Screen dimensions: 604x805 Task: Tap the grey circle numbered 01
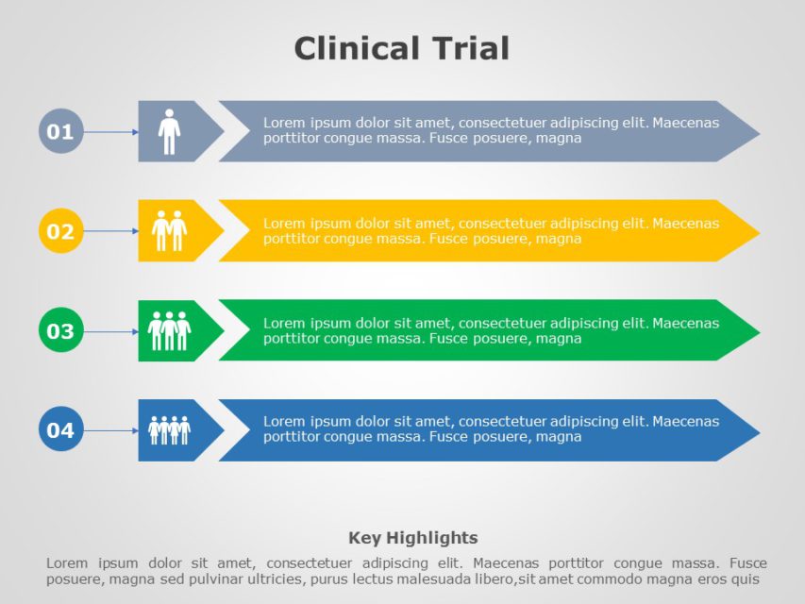coord(60,131)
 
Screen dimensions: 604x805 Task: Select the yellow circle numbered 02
coord(60,231)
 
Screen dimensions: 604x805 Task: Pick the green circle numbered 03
coord(60,331)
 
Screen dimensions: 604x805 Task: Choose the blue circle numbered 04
coord(60,430)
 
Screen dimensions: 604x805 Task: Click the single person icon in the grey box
coord(169,131)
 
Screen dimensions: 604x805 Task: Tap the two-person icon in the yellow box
coord(169,230)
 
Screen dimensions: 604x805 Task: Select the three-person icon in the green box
coord(169,330)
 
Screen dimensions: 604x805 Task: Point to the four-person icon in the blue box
coord(169,430)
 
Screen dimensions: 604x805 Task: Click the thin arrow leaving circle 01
coord(111,132)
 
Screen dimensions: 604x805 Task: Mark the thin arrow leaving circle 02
coord(111,231)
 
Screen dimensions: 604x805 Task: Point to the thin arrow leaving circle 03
coord(111,331)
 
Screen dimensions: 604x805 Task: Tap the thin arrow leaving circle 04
coord(111,431)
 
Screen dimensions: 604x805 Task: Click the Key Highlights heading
coord(413,538)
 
